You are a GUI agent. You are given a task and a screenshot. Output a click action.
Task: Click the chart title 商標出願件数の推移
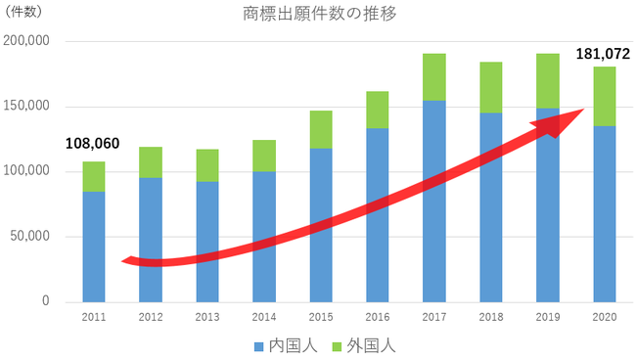(318, 15)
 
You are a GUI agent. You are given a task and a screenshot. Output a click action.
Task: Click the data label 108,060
(92, 144)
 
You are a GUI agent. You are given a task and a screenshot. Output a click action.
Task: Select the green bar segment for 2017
(434, 77)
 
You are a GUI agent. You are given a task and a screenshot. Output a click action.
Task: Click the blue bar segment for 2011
(94, 245)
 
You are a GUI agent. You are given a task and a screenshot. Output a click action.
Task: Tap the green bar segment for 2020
(605, 96)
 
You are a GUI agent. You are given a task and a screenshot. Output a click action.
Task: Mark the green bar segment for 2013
(207, 165)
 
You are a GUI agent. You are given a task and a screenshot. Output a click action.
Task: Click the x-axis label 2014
(264, 318)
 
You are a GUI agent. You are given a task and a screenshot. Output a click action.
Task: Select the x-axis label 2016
(378, 318)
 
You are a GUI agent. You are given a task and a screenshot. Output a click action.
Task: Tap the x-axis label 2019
(548, 318)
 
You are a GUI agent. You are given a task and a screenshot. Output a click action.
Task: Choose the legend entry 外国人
(364, 345)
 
